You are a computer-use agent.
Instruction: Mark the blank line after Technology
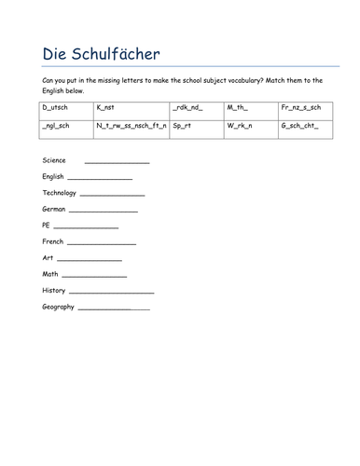pyautogui.click(x=112, y=195)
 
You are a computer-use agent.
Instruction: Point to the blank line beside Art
pyautogui.click(x=90, y=259)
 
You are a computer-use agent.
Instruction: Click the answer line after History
pyautogui.click(x=111, y=292)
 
